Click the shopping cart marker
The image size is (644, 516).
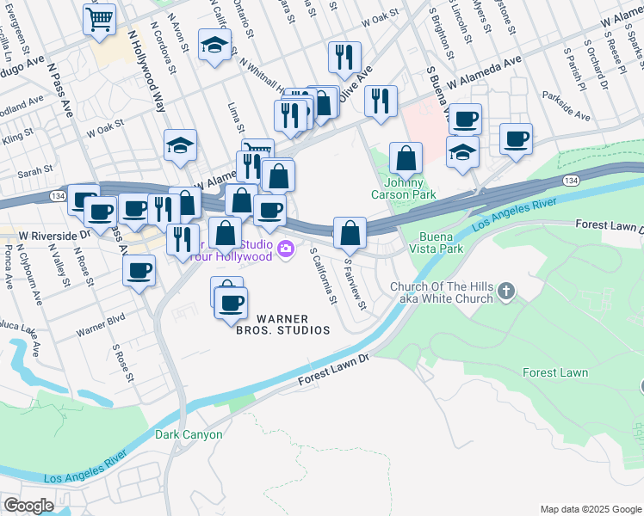tap(100, 18)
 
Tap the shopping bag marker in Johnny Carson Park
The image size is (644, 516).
tap(406, 159)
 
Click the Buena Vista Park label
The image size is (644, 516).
tap(441, 243)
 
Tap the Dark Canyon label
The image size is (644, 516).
tap(189, 434)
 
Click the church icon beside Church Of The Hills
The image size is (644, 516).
tap(506, 292)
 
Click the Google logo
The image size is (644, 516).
tap(28, 506)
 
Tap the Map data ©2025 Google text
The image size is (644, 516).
tap(590, 509)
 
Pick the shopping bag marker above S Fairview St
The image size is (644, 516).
tap(350, 232)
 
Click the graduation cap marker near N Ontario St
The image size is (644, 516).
tap(214, 46)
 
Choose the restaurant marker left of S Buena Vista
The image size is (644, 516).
tap(380, 101)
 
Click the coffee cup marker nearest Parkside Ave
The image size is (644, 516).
tap(516, 139)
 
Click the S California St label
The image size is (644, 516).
tap(323, 276)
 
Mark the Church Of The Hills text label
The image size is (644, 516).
tap(442, 292)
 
